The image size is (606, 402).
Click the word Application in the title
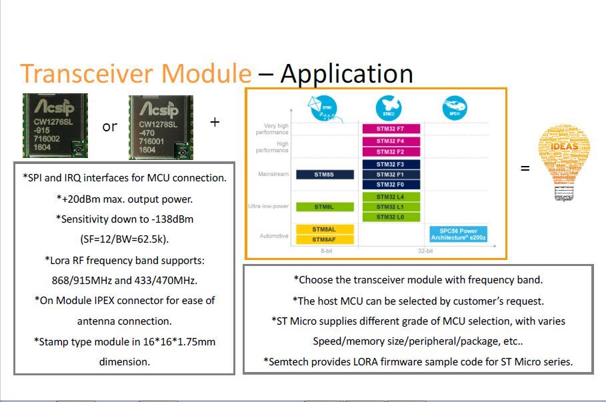347,73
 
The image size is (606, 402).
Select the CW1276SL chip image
55,126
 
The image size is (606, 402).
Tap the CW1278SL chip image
161,127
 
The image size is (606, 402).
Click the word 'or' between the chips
110,127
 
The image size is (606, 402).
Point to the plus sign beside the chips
215,123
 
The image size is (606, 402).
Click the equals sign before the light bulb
525,169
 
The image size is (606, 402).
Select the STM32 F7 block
391,128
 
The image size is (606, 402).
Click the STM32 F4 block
391,141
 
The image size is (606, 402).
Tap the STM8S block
324,174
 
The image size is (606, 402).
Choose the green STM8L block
324,207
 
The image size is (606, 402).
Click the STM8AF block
324,239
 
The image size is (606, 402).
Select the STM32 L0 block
391,217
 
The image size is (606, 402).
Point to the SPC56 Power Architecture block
459,234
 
